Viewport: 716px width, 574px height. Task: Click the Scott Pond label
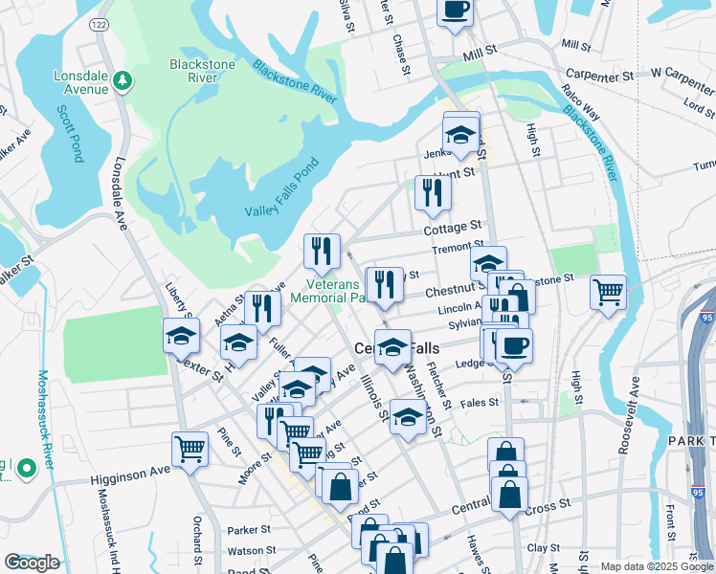pos(70,134)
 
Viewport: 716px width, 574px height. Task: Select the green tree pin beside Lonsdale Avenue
pos(122,81)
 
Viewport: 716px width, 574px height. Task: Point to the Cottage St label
pos(454,227)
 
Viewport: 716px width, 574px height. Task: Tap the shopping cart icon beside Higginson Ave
pos(190,447)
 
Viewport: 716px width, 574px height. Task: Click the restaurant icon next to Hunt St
pos(433,193)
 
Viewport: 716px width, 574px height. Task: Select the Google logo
pos(32,563)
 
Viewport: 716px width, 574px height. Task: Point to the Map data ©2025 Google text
pos(656,566)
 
